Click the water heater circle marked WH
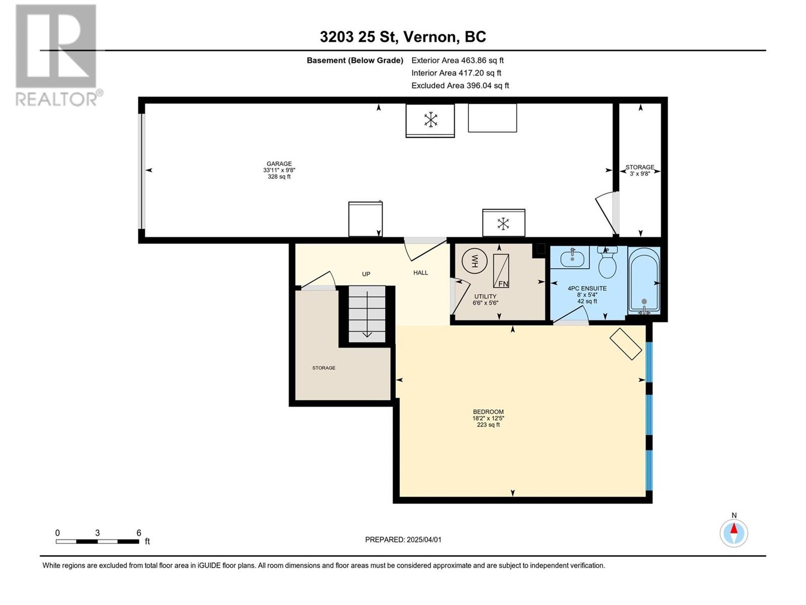point(474,261)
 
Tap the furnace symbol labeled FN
point(501,270)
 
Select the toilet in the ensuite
point(608,262)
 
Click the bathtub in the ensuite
point(644,280)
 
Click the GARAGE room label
point(279,170)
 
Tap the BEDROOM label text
point(488,412)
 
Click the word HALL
point(421,273)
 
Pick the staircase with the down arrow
point(367,314)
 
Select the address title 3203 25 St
point(359,37)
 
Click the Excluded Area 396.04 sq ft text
point(460,86)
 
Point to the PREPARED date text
point(403,539)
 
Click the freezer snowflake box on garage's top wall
point(430,120)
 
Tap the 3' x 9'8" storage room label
point(640,170)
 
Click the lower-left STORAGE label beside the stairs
point(323,368)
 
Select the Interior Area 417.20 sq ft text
point(456,73)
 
